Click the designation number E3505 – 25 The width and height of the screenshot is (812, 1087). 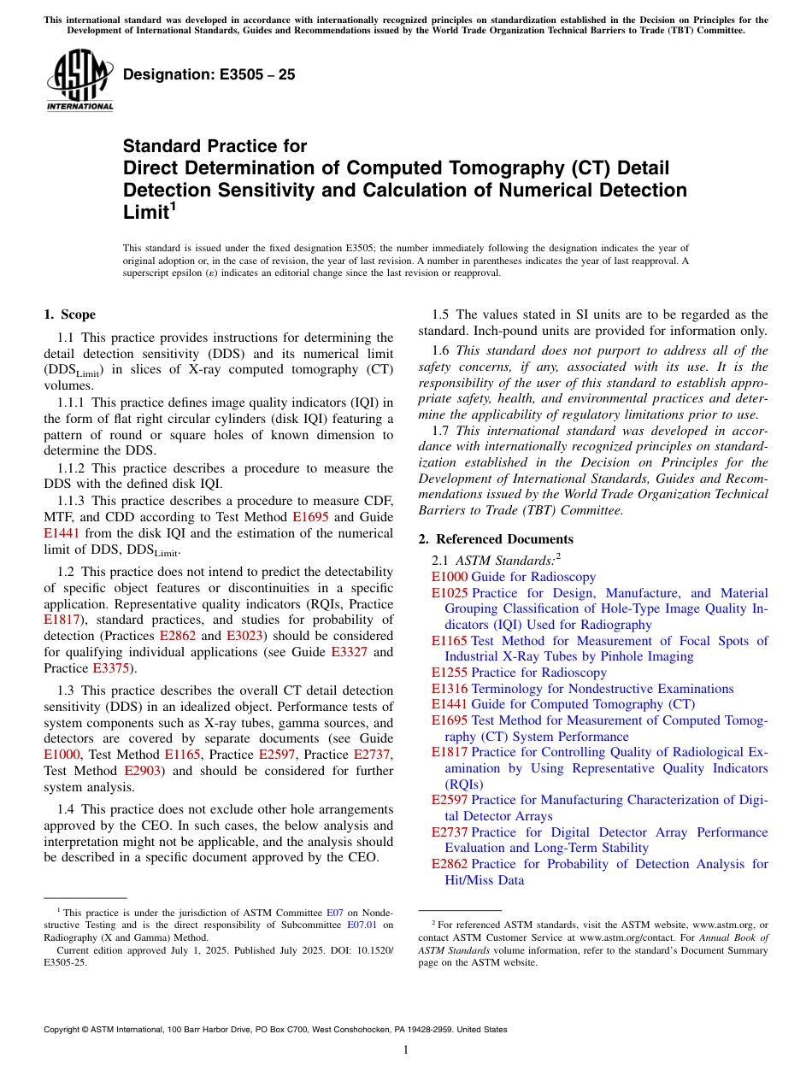(x=209, y=75)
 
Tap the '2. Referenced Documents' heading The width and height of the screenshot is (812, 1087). (x=496, y=539)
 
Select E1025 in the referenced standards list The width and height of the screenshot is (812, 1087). (x=450, y=593)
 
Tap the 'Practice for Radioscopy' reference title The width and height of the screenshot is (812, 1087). (x=539, y=673)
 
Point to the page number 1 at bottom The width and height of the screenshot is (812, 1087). (x=406, y=1050)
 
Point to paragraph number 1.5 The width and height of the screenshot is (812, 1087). (x=440, y=314)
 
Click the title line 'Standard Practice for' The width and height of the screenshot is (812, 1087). (x=215, y=146)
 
